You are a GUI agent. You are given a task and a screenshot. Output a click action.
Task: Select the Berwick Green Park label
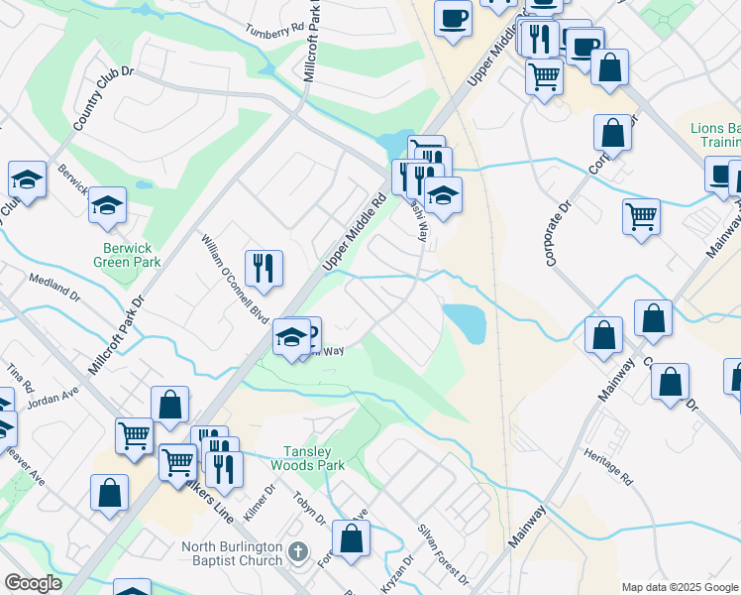point(126,255)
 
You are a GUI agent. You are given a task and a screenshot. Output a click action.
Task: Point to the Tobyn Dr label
point(309,505)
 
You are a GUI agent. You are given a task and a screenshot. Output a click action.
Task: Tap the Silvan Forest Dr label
point(443,552)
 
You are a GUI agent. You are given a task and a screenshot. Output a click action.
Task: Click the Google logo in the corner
point(34,583)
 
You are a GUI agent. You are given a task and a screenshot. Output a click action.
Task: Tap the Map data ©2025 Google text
point(681,587)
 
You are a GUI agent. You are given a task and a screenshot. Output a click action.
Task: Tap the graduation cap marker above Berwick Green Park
point(107,205)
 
